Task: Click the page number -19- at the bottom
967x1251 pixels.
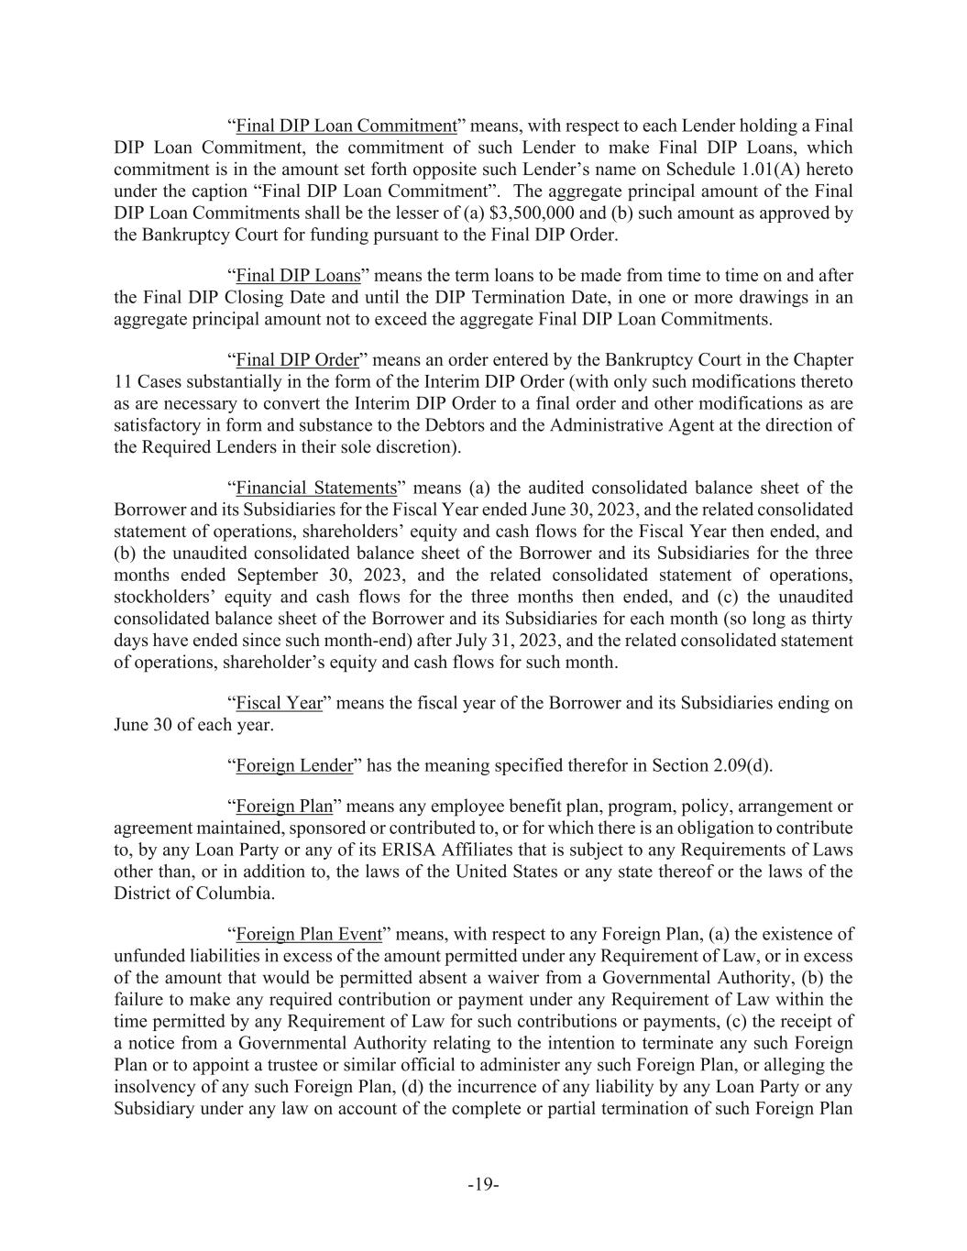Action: [483, 1185]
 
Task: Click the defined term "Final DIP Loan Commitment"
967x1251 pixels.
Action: [346, 126]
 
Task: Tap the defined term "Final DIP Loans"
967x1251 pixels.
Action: [298, 276]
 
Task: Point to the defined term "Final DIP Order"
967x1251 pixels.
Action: [297, 359]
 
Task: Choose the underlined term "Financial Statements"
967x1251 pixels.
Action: [316, 488]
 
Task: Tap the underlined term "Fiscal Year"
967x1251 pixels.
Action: [280, 703]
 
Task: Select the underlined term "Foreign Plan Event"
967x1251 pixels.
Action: [309, 934]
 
